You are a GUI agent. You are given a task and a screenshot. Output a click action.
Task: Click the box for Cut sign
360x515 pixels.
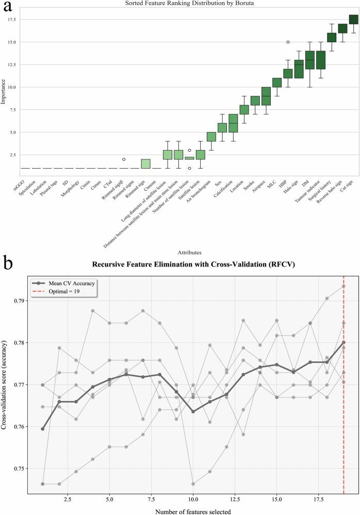click(353, 20)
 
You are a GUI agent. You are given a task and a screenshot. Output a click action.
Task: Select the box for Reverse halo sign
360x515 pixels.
click(342, 28)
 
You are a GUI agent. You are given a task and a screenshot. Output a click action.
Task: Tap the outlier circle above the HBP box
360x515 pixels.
click(288, 42)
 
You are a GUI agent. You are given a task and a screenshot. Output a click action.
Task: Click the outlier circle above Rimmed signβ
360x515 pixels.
click(123, 159)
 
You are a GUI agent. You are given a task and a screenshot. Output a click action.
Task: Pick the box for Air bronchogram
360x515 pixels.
click(211, 137)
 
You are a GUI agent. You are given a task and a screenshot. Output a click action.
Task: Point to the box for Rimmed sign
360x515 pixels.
click(145, 164)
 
